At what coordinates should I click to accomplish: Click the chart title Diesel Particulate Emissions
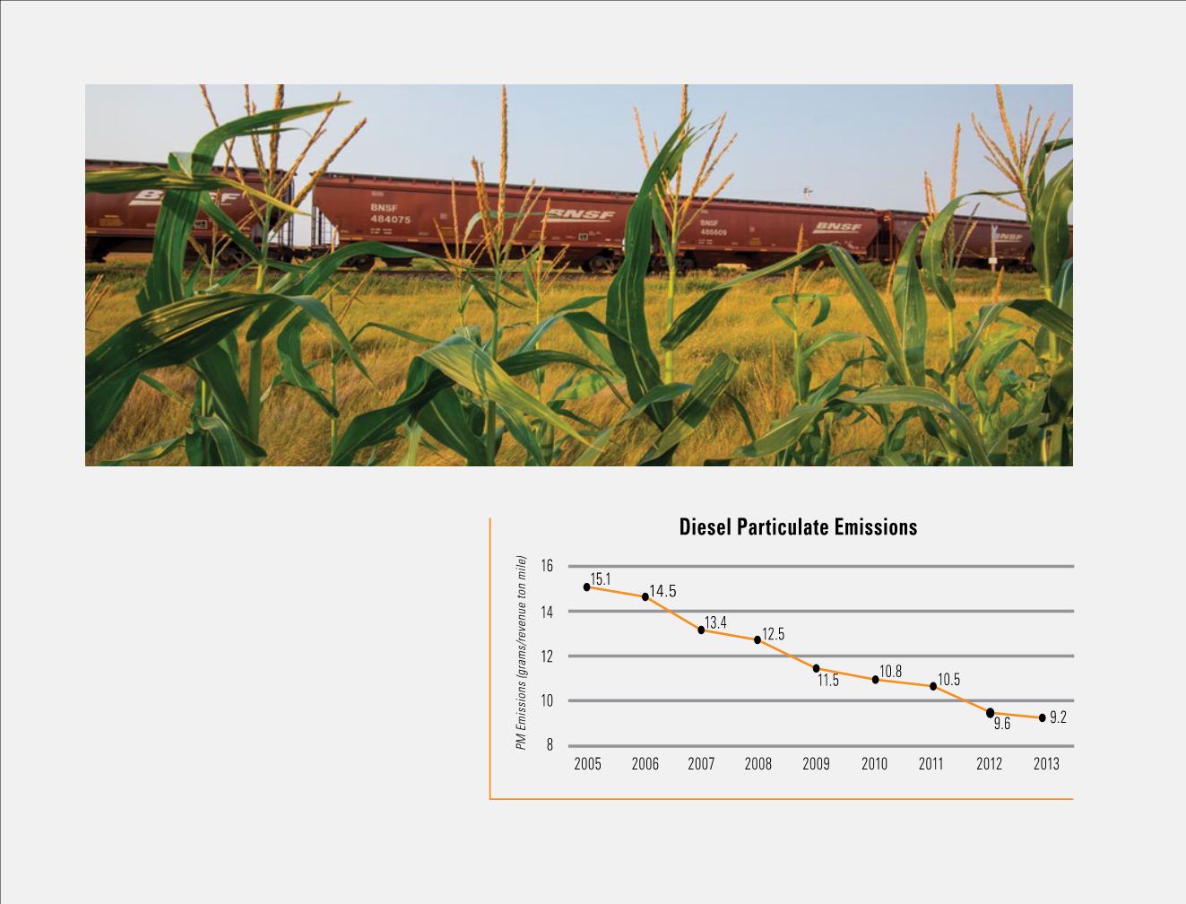pyautogui.click(x=798, y=527)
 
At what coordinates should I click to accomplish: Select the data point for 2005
pyautogui.click(x=587, y=587)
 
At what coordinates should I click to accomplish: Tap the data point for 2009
pyautogui.click(x=816, y=668)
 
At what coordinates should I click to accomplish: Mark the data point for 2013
pyautogui.click(x=1042, y=717)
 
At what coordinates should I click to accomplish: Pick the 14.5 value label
pyautogui.click(x=662, y=592)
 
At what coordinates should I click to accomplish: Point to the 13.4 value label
pyautogui.click(x=715, y=622)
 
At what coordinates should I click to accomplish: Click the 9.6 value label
pyautogui.click(x=1001, y=724)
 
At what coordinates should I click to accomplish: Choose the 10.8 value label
pyautogui.click(x=890, y=671)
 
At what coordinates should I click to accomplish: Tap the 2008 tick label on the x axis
pyautogui.click(x=758, y=764)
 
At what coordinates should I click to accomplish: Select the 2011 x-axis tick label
pyautogui.click(x=931, y=764)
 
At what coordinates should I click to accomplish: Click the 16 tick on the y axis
pyautogui.click(x=547, y=566)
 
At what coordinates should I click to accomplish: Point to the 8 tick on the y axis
pyautogui.click(x=550, y=745)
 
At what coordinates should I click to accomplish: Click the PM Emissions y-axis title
pyautogui.click(x=521, y=652)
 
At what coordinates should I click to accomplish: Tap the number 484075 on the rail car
pyautogui.click(x=390, y=220)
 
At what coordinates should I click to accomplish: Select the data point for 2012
pyautogui.click(x=990, y=713)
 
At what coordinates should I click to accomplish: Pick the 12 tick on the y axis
pyautogui.click(x=547, y=656)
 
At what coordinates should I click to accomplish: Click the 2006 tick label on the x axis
pyautogui.click(x=645, y=764)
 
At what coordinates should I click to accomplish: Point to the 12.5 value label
pyautogui.click(x=774, y=634)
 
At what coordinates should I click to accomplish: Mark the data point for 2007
pyautogui.click(x=701, y=630)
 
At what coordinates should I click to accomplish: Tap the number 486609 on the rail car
pyautogui.click(x=714, y=232)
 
